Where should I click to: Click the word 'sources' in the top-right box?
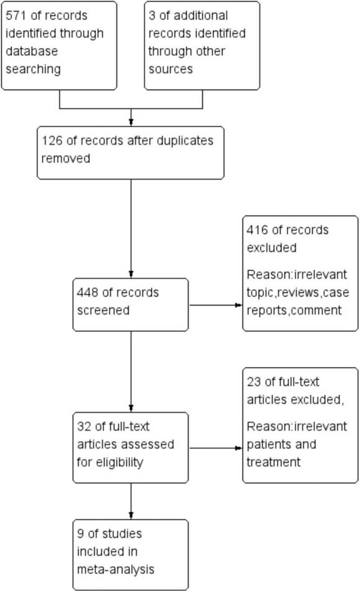(171, 69)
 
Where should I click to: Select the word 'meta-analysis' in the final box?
(116, 569)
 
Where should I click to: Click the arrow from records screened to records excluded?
(216, 305)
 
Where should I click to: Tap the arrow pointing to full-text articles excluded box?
(216, 448)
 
